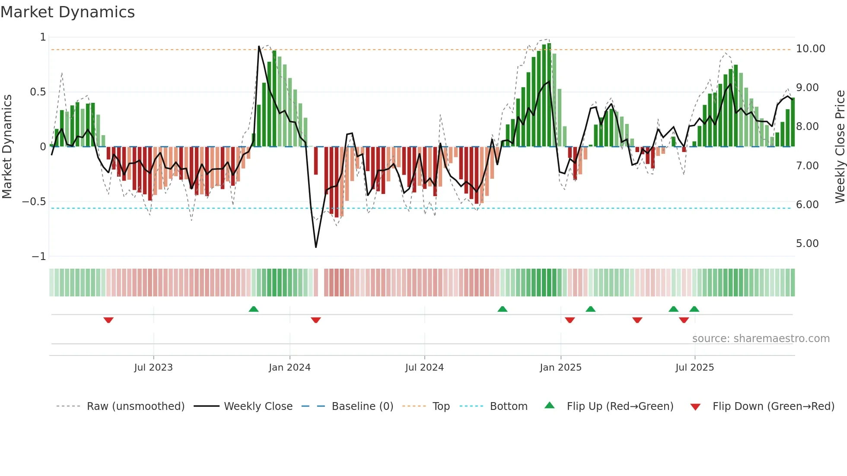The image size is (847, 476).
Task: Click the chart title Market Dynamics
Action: click(67, 12)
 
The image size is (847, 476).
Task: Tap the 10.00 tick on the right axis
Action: click(810, 49)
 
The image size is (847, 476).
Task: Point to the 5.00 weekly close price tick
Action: click(807, 244)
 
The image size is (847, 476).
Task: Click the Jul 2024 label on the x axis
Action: click(424, 368)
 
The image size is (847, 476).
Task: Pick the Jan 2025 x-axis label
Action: click(560, 368)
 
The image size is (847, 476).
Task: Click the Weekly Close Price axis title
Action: click(840, 146)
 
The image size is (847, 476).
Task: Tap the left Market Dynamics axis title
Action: click(7, 146)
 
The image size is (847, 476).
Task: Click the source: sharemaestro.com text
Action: click(761, 339)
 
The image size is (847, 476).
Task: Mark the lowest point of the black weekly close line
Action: click(316, 247)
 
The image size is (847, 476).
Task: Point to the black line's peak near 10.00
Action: click(259, 46)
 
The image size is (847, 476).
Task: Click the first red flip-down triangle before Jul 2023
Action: click(108, 320)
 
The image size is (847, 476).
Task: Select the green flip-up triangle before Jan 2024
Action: click(254, 309)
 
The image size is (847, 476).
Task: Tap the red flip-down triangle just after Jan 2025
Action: click(570, 320)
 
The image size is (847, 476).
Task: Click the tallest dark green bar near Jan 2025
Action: click(549, 95)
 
